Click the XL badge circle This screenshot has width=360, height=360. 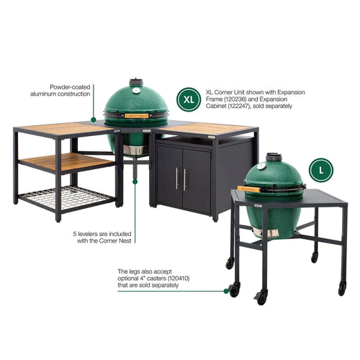(189, 97)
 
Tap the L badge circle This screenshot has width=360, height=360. (321, 170)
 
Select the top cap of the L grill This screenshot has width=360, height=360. (274, 157)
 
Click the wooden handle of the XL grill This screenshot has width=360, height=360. (136, 115)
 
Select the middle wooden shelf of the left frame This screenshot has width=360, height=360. (66, 161)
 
